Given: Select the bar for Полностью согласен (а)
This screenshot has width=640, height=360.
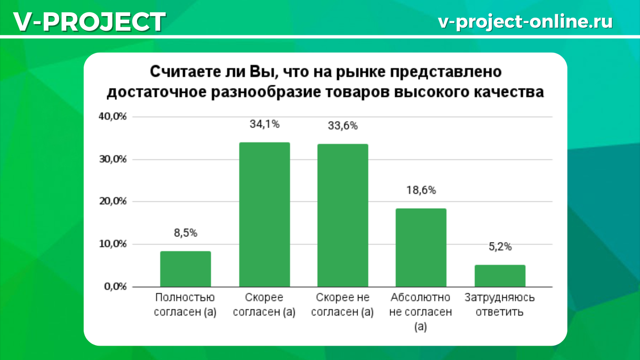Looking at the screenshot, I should click(185, 269).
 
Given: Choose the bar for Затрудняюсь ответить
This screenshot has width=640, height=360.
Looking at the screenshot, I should click(500, 276).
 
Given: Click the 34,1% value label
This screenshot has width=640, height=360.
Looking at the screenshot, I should click(265, 124).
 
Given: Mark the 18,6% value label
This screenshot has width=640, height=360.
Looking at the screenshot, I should click(421, 190).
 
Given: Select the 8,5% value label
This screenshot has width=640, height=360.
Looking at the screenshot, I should click(186, 233).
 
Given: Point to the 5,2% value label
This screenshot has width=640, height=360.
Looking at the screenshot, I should click(500, 246).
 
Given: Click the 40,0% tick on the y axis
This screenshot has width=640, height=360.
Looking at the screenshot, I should click(112, 117).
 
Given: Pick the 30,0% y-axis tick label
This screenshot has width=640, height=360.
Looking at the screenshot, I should click(112, 159).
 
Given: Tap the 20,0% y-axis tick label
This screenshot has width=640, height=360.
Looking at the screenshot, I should click(112, 202).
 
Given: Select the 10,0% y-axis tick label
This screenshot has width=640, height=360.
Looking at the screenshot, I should click(112, 244).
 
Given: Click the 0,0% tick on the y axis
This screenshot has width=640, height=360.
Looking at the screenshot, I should click(114, 286).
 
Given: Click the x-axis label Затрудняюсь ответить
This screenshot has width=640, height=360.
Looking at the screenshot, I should click(500, 305).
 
